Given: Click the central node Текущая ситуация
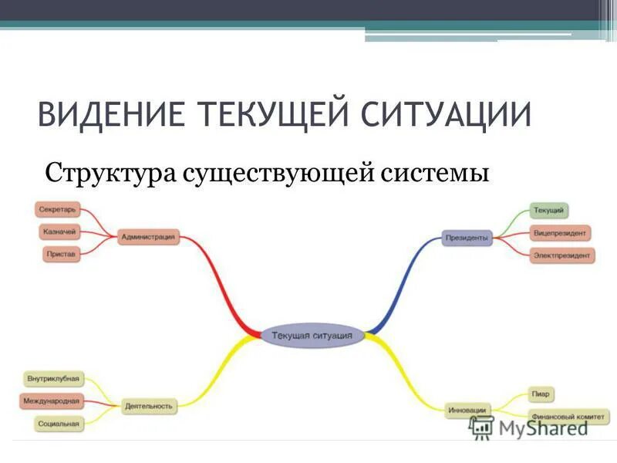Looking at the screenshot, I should [312, 336].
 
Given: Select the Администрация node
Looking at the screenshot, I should [148, 237].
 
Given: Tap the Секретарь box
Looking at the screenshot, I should [57, 209].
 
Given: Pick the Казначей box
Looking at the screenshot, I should [59, 231].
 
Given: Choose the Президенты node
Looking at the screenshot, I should [467, 238].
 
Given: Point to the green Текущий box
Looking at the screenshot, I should [549, 210].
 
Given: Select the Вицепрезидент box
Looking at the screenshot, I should [561, 232].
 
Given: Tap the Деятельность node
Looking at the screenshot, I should [150, 405].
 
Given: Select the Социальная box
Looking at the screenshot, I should [58, 424].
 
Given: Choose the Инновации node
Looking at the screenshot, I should [467, 410].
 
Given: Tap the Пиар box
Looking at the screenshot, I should [541, 394].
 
